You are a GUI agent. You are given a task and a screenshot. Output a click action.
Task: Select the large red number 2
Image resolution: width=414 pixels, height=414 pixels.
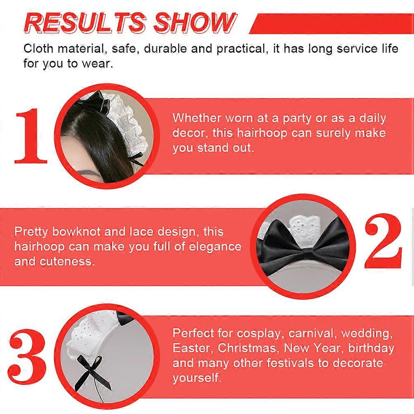[x=383, y=241]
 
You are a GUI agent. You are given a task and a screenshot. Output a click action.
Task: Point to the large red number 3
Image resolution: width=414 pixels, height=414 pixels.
[x=27, y=357]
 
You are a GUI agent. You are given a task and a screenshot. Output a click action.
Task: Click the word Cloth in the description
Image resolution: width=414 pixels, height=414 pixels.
[x=38, y=49]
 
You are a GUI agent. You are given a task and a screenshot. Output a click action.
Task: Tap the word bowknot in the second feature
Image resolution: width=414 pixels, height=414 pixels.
[x=76, y=231]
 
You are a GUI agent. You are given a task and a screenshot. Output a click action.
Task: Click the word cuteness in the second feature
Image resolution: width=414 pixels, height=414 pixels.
[x=67, y=262]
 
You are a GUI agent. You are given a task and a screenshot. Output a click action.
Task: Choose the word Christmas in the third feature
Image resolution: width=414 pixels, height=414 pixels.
[x=247, y=348]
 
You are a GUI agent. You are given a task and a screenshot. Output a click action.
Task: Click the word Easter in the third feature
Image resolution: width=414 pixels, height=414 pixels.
[x=193, y=348]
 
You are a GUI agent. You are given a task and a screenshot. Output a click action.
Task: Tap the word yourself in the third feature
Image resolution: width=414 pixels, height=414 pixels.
[x=197, y=378]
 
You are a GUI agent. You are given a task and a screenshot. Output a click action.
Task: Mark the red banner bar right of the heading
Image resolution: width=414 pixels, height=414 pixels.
[x=332, y=24]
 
